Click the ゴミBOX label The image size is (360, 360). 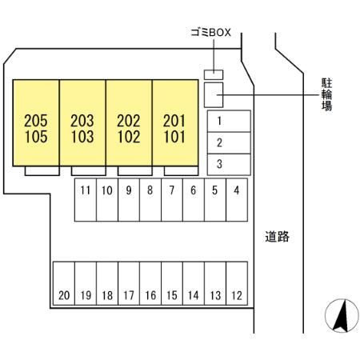(210, 33)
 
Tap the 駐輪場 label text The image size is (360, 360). (326, 94)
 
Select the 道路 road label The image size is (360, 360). (277, 237)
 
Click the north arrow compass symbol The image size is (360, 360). (342, 315)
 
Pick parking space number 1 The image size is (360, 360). (229, 121)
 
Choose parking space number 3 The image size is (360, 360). (229, 164)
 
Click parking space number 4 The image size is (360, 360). (237, 200)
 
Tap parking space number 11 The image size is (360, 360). (86, 200)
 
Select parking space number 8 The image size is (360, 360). (150, 200)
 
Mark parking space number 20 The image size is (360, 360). (64, 283)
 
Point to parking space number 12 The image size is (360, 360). (237, 283)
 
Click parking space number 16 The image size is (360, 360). (150, 283)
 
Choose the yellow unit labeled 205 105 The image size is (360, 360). (36, 123)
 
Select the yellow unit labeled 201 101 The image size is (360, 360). (175, 123)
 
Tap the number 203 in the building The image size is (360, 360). (82, 121)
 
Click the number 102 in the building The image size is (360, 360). (129, 137)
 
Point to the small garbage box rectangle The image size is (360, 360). (214, 74)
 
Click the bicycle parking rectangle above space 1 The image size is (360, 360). (214, 95)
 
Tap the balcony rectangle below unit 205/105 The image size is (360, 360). (42, 171)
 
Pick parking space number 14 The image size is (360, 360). (194, 283)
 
